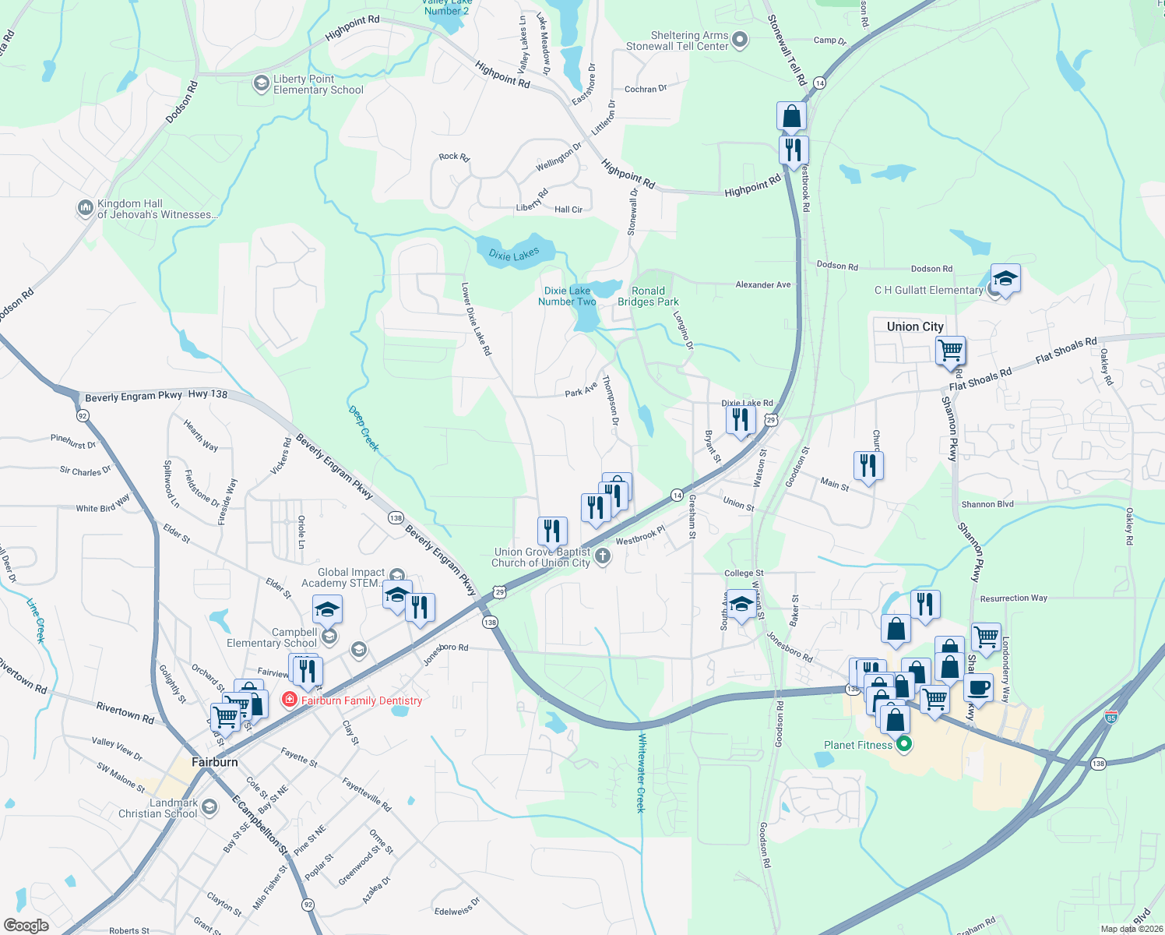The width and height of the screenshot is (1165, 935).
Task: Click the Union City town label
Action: [915, 326]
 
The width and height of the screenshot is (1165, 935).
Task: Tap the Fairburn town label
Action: [215, 762]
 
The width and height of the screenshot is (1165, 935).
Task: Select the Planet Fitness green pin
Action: [904, 745]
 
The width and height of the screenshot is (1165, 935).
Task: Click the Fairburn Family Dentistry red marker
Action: [290, 700]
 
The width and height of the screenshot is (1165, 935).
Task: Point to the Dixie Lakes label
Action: [514, 254]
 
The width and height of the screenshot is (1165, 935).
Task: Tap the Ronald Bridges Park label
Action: [648, 296]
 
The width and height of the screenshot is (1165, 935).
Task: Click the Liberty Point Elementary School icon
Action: [261, 83]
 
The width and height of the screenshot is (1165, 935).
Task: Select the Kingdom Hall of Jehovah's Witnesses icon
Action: [85, 208]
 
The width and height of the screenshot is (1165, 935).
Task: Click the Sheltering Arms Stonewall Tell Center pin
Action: [740, 40]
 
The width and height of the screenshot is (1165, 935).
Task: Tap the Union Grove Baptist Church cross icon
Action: [603, 556]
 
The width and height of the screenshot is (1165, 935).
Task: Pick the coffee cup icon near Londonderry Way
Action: [979, 689]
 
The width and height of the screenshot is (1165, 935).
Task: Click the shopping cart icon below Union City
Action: [950, 351]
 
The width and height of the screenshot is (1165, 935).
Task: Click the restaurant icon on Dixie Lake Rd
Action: [741, 420]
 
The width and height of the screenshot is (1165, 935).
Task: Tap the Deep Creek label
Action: [364, 428]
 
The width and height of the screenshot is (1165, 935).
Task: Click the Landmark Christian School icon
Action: [209, 807]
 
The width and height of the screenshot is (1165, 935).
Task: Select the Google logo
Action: [26, 926]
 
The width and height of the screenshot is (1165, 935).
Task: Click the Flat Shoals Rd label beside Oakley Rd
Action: [1065, 351]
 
